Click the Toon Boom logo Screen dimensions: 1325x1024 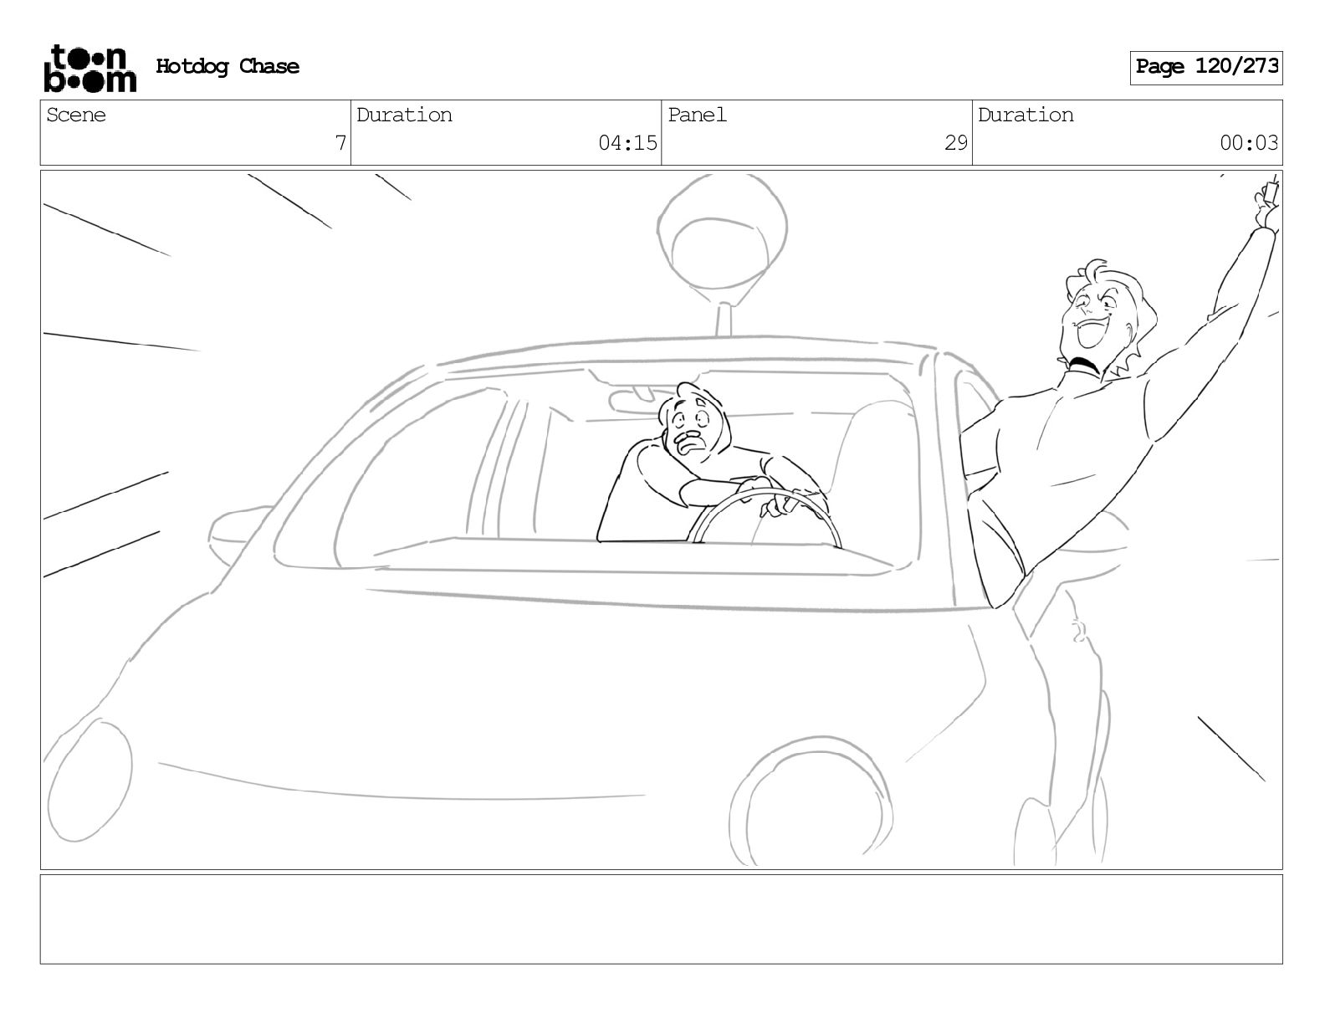pos(90,69)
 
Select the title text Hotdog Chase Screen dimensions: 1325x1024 pos(228,66)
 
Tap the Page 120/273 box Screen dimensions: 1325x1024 pos(1205,68)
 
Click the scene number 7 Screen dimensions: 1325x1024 pos(340,143)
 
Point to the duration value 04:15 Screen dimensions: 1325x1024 pos(627,143)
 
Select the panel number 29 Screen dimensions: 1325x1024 pos(955,143)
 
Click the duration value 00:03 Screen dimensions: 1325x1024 pos(1248,143)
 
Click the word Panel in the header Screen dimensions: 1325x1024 pos(697,115)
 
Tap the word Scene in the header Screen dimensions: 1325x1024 pos(75,115)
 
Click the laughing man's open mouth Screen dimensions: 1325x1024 pos(1090,333)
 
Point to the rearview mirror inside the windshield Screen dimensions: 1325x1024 pos(634,400)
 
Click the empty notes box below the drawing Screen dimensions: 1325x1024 pos(662,919)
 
